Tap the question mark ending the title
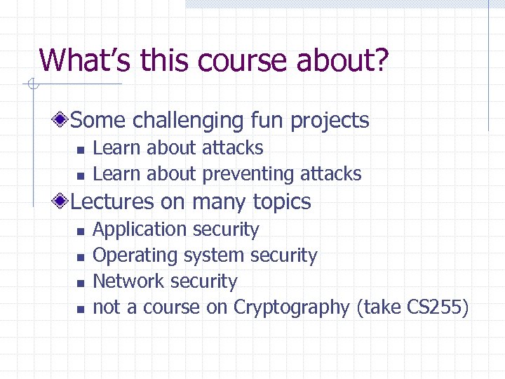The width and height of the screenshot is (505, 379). tap(379, 60)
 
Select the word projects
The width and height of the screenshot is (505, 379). tap(330, 120)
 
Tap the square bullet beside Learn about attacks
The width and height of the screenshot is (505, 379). tap(80, 149)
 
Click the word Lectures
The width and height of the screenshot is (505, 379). tap(112, 202)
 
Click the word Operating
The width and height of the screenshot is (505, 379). tap(130, 255)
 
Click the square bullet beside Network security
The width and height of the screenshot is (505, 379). tap(80, 283)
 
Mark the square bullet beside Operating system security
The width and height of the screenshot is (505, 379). tap(80, 257)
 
